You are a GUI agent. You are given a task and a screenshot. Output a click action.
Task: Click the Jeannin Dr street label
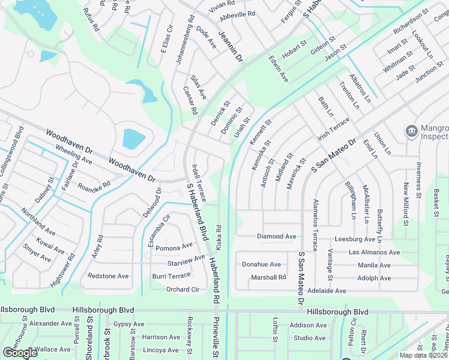point(230,46)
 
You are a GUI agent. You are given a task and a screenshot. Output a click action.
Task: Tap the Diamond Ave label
point(277,236)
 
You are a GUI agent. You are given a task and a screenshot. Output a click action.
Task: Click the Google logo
point(20,353)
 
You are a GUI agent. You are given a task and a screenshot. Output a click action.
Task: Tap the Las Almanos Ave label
point(374,253)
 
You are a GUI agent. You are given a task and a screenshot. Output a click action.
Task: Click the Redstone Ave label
point(108,276)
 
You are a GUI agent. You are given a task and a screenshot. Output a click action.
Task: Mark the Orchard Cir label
point(182,289)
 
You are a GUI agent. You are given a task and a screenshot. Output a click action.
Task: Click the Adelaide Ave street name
point(327,291)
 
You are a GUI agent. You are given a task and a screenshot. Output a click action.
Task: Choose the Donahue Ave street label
point(261,264)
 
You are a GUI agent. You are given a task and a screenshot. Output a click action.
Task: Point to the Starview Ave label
point(186,261)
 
